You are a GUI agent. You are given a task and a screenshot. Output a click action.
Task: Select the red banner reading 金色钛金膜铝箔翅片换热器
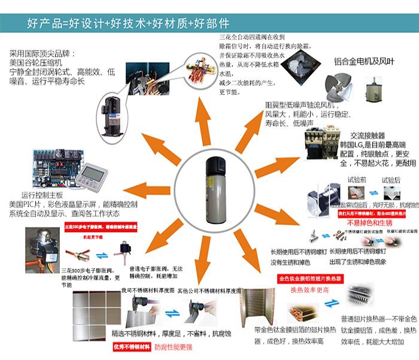[315, 279]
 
